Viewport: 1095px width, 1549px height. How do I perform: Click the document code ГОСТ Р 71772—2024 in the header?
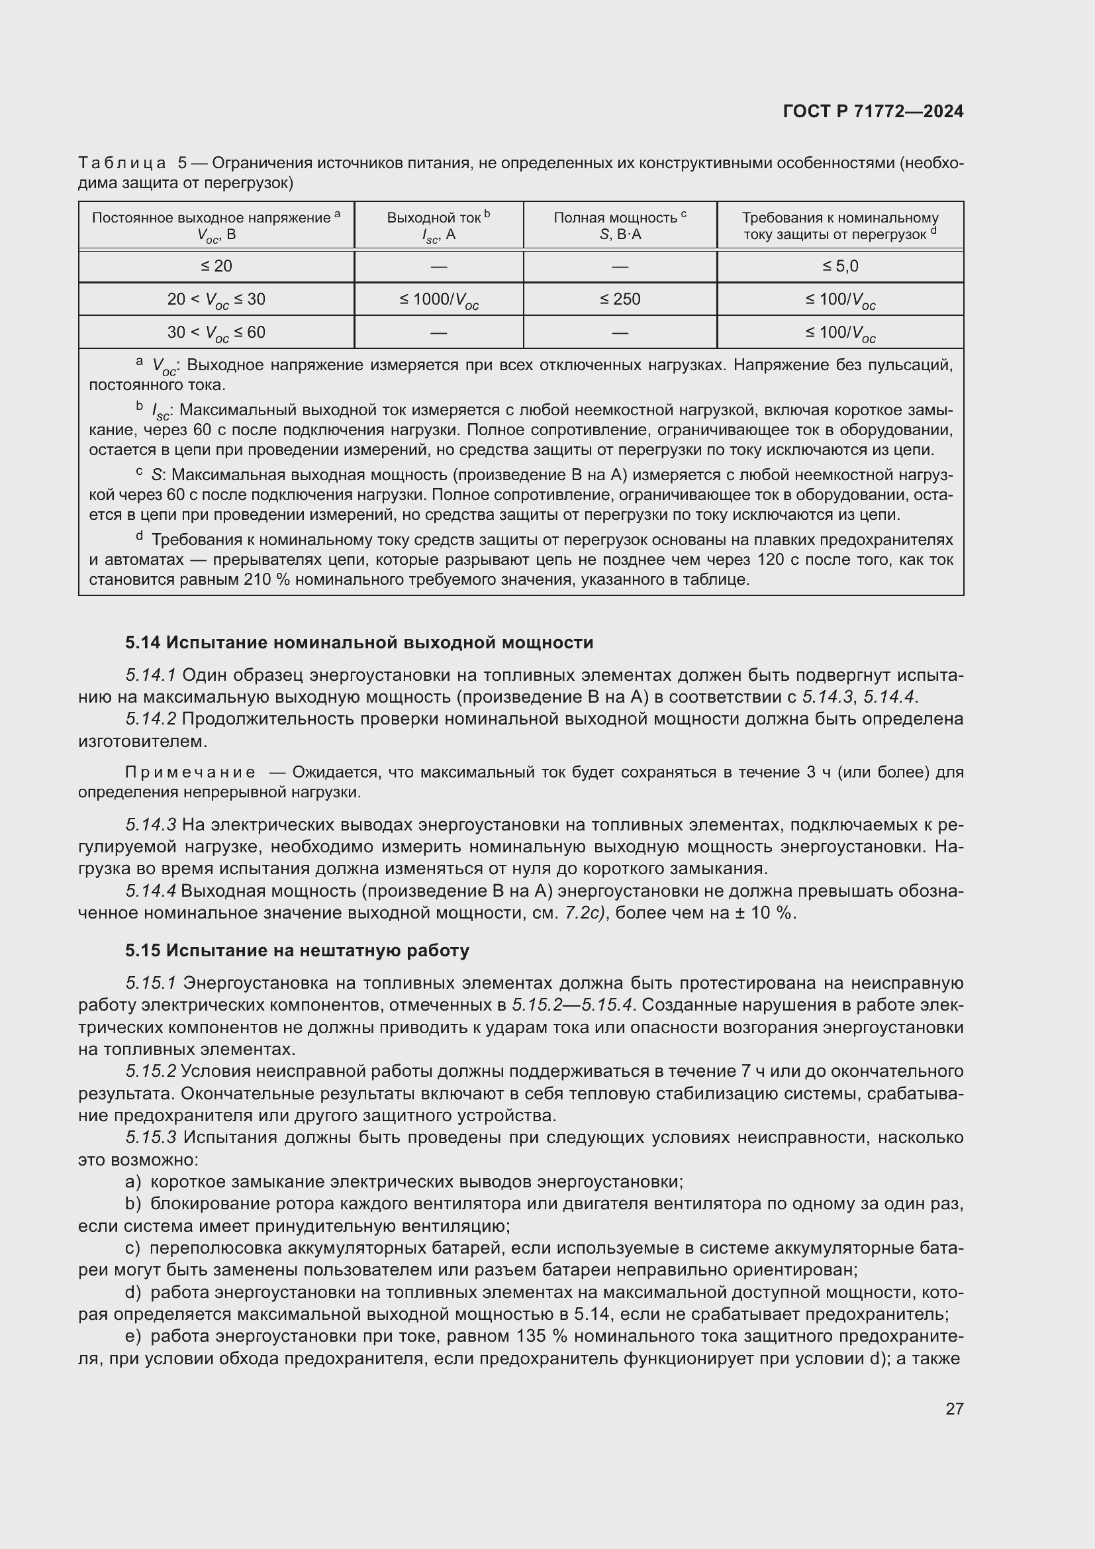tap(873, 112)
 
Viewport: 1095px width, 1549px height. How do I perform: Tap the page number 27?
tap(954, 1409)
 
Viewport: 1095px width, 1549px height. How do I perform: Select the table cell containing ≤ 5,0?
tap(840, 266)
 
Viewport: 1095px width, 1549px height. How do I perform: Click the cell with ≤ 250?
tap(620, 299)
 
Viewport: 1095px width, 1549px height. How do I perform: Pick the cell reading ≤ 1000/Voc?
tap(438, 299)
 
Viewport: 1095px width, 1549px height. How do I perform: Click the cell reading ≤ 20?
tap(216, 266)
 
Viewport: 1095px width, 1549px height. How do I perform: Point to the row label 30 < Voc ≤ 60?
tap(216, 332)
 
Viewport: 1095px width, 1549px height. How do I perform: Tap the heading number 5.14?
tap(142, 642)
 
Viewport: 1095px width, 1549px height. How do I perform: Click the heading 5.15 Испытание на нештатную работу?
tap(297, 950)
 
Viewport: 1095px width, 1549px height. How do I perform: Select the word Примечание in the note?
tap(190, 772)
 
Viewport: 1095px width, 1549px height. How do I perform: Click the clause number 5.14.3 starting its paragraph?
tap(150, 825)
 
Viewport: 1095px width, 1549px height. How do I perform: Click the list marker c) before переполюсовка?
tap(132, 1248)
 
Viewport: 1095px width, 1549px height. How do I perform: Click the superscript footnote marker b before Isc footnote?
tap(140, 406)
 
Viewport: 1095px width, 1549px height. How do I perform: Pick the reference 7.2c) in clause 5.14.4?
tap(586, 913)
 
